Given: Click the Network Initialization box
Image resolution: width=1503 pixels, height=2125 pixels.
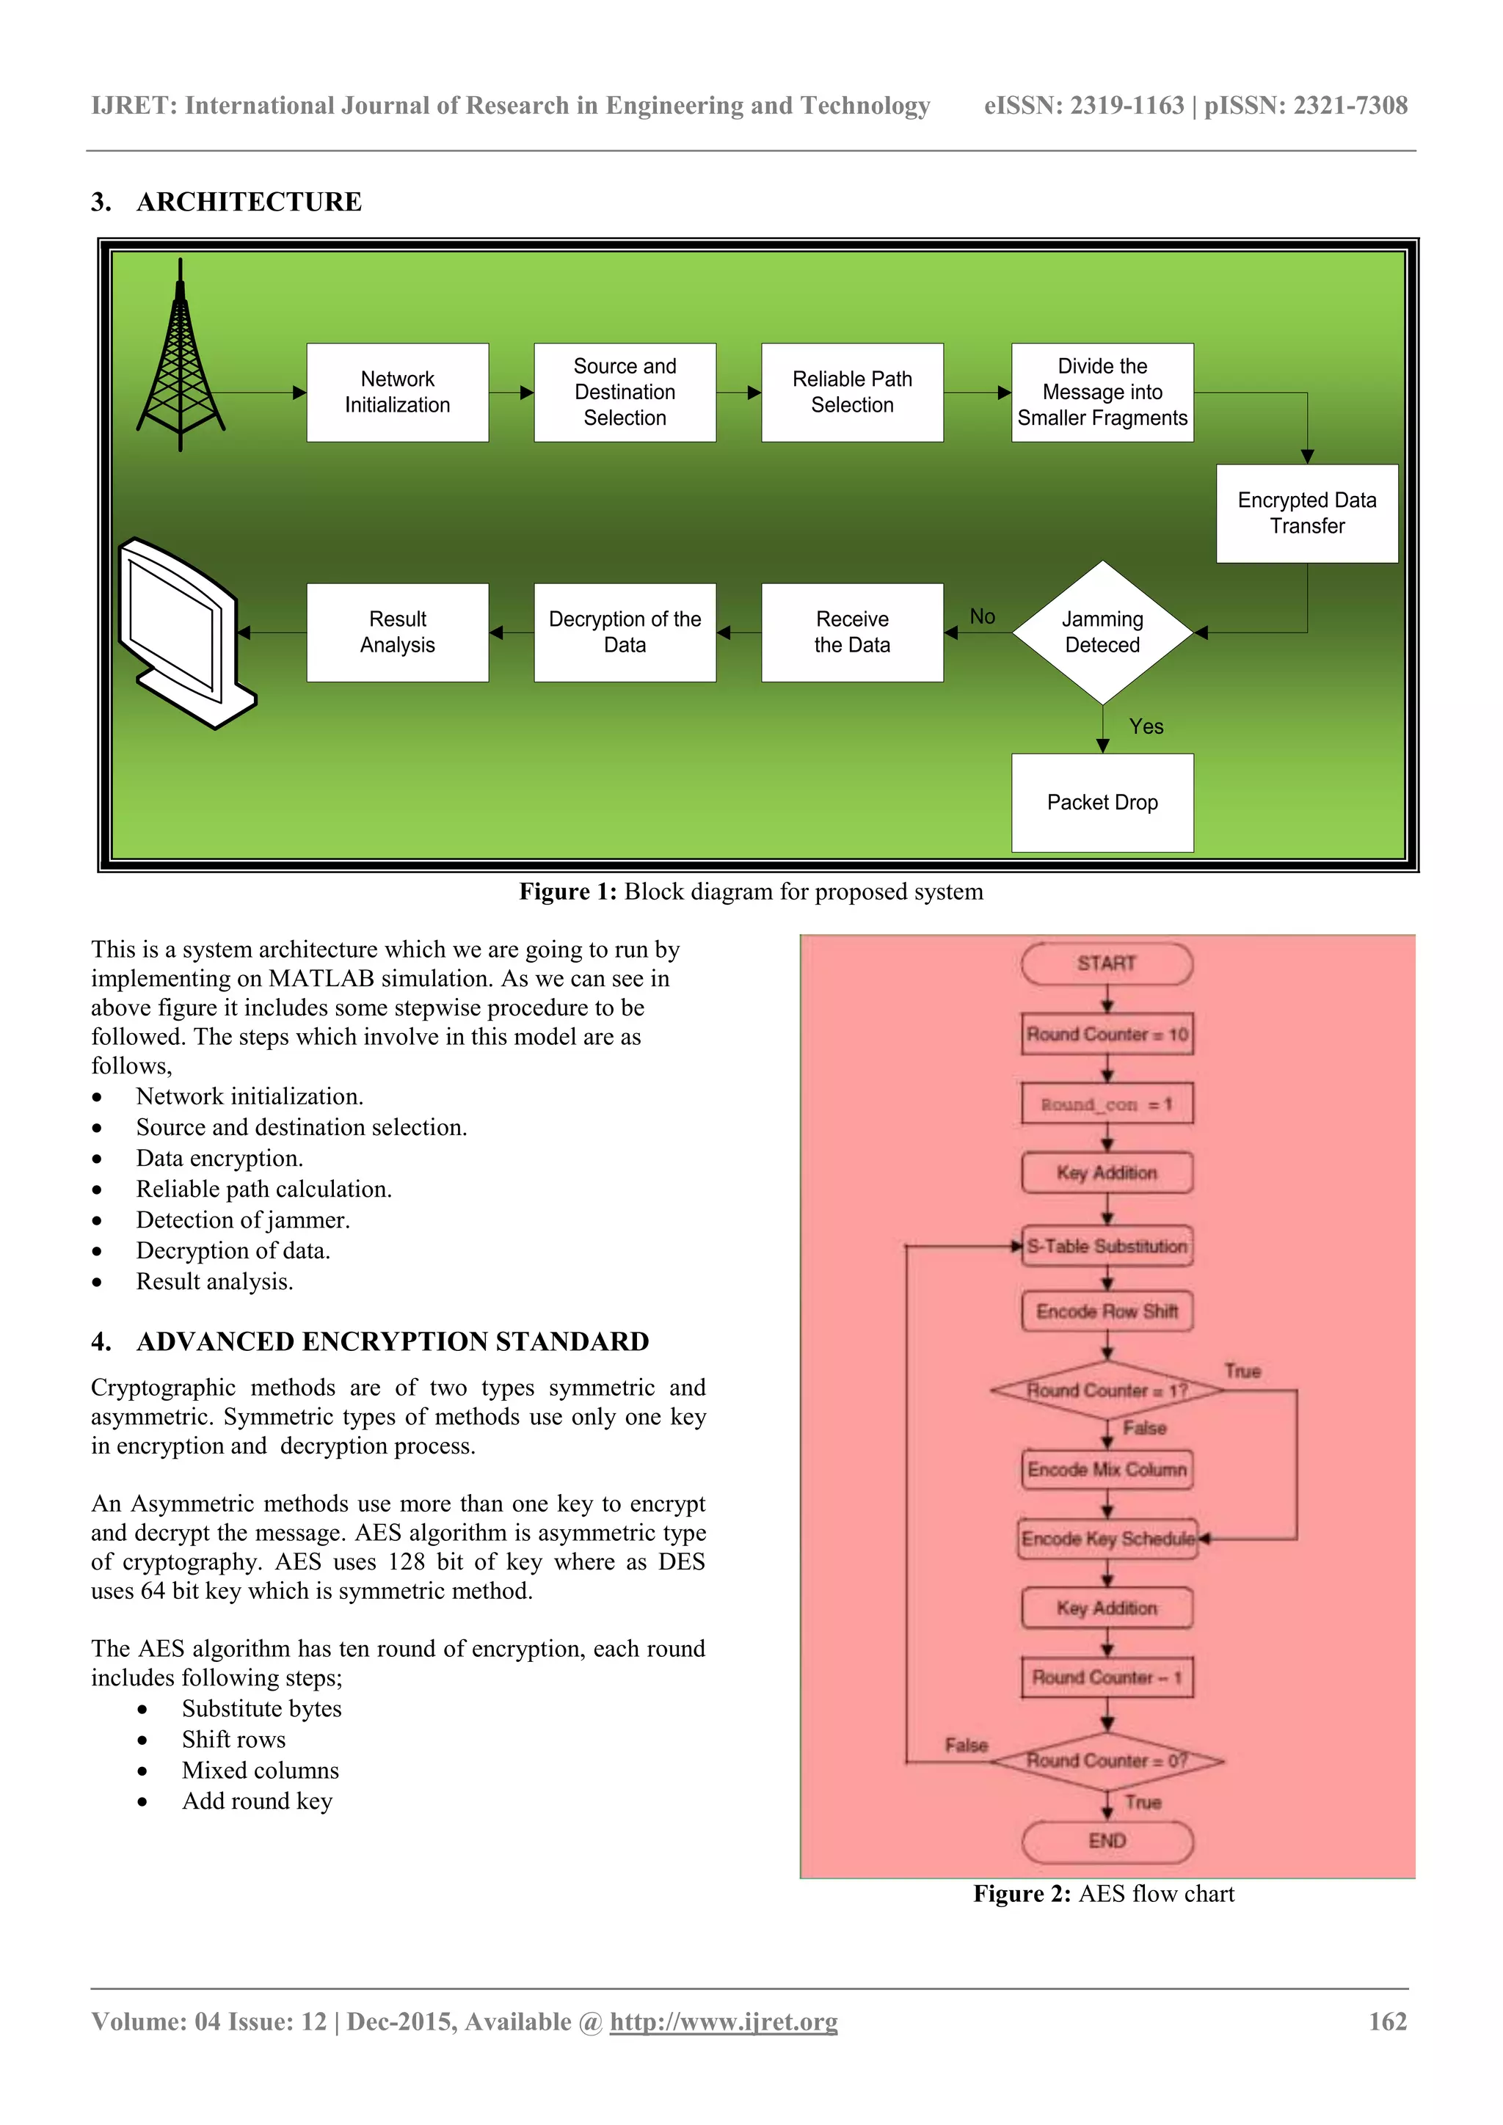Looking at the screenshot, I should point(397,393).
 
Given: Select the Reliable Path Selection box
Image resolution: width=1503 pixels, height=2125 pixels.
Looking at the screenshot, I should point(851,393).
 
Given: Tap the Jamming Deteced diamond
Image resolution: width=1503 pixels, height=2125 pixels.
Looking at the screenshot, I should point(1102,632).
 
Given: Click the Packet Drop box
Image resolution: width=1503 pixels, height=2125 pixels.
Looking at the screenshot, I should point(1102,803).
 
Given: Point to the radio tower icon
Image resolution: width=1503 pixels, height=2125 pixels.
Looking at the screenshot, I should point(181,361).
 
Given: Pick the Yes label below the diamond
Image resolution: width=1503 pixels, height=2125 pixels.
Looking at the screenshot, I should point(1146,726).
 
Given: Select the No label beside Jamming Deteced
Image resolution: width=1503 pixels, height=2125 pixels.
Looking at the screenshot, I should point(982,616).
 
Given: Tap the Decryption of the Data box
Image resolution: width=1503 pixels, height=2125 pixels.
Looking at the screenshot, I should point(625,632).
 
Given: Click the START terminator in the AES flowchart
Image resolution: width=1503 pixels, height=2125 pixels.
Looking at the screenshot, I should point(1106,963).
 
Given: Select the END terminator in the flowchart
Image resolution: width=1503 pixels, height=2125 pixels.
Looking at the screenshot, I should point(1107,1841).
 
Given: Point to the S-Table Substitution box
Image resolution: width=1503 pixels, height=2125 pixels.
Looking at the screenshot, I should point(1107,1246).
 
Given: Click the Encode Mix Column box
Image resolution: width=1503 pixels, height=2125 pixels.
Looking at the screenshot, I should point(1107,1470).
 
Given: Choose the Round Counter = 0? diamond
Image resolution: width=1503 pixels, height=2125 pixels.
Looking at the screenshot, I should point(1107,1760).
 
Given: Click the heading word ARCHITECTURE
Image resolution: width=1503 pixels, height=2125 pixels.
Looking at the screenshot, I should point(249,202).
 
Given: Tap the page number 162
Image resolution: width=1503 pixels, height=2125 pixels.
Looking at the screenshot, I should point(1387,2022).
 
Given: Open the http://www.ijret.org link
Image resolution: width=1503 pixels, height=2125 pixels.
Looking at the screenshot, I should point(723,2022).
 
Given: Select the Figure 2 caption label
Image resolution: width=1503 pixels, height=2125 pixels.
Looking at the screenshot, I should point(1022,1894).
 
